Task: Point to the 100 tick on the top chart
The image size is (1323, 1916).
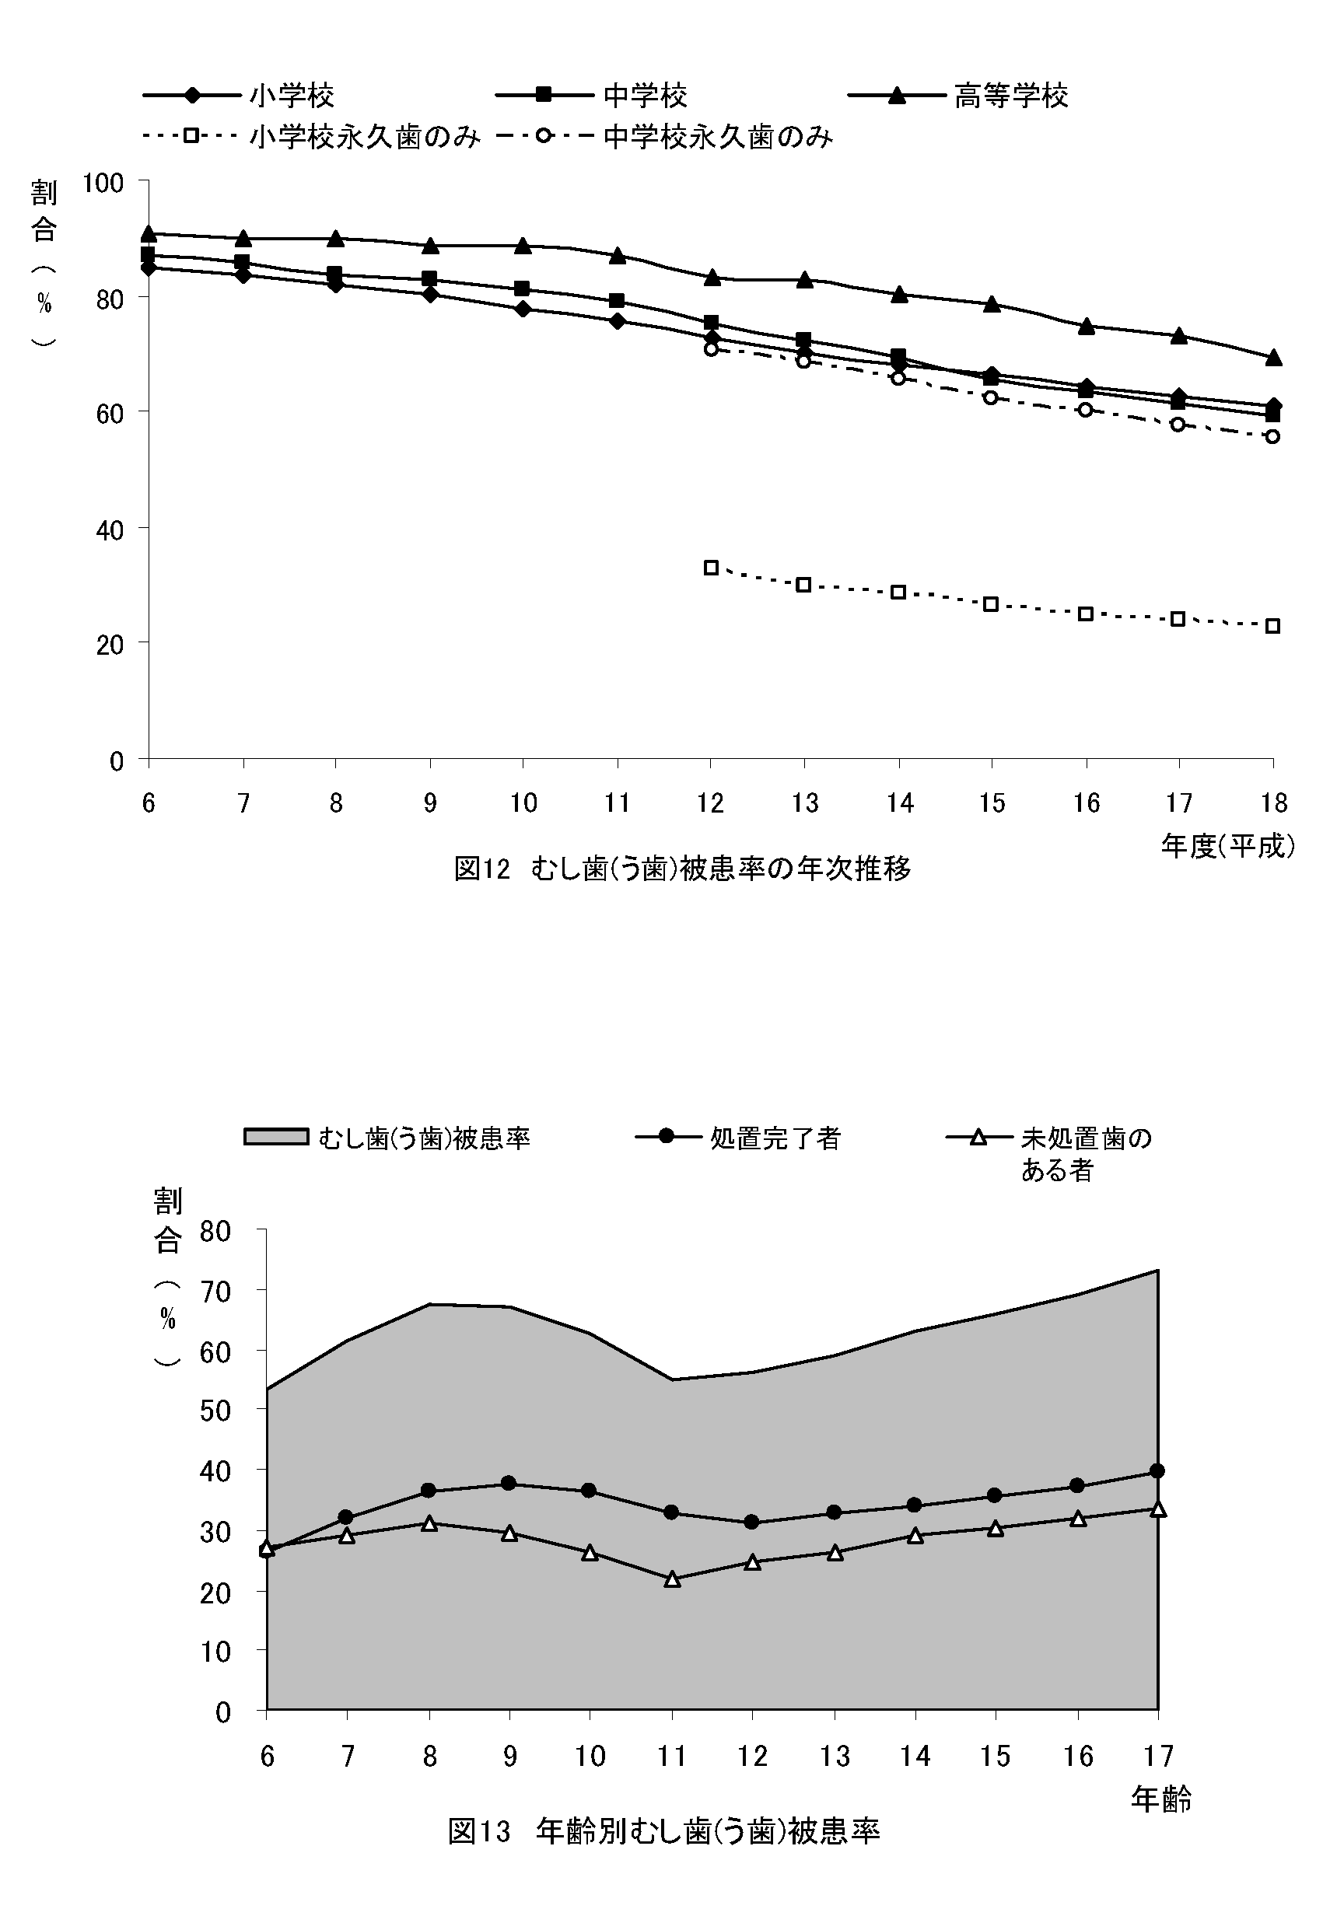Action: pos(103,182)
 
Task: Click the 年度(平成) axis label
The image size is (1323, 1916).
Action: pos(1227,846)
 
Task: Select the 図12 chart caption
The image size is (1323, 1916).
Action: pos(682,869)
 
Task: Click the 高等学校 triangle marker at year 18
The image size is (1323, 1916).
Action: pos(1273,358)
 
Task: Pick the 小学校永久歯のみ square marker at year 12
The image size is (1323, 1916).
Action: pos(710,568)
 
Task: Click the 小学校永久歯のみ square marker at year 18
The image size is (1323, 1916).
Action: pos(1273,627)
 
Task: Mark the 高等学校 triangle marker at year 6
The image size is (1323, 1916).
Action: pos(149,234)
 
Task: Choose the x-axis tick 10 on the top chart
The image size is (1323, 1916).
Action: pos(523,802)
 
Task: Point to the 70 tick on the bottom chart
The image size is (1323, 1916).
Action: pos(215,1291)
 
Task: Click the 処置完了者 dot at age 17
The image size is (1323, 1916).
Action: pos(1157,1471)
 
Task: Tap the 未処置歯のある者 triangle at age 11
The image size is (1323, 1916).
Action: pos(672,1579)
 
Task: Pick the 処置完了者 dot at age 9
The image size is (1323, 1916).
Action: pos(509,1484)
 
